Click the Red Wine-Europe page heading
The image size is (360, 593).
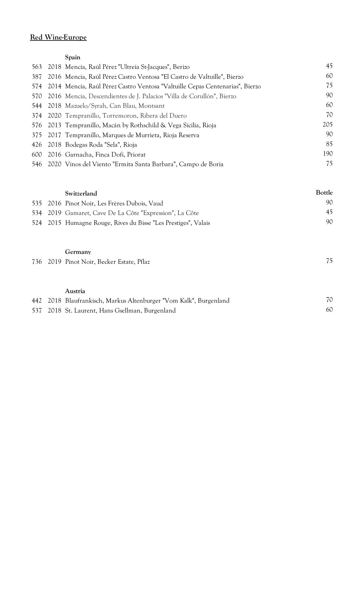(58, 37)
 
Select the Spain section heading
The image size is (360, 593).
(73, 57)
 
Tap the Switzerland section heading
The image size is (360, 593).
(81, 193)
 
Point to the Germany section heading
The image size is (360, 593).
(78, 252)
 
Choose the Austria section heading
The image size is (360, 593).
(75, 291)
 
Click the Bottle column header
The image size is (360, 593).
(324, 192)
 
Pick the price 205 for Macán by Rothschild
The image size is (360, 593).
(328, 124)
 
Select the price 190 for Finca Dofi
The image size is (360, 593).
(328, 154)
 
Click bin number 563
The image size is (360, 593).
(37, 67)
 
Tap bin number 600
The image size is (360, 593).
(37, 154)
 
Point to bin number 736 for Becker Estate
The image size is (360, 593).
(37, 262)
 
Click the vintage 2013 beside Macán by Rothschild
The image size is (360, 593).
(54, 125)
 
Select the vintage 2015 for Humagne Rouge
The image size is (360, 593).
(54, 223)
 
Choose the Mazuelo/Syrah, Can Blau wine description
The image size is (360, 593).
(115, 106)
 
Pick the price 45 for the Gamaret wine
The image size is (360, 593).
(329, 212)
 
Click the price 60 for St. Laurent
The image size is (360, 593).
(329, 309)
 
